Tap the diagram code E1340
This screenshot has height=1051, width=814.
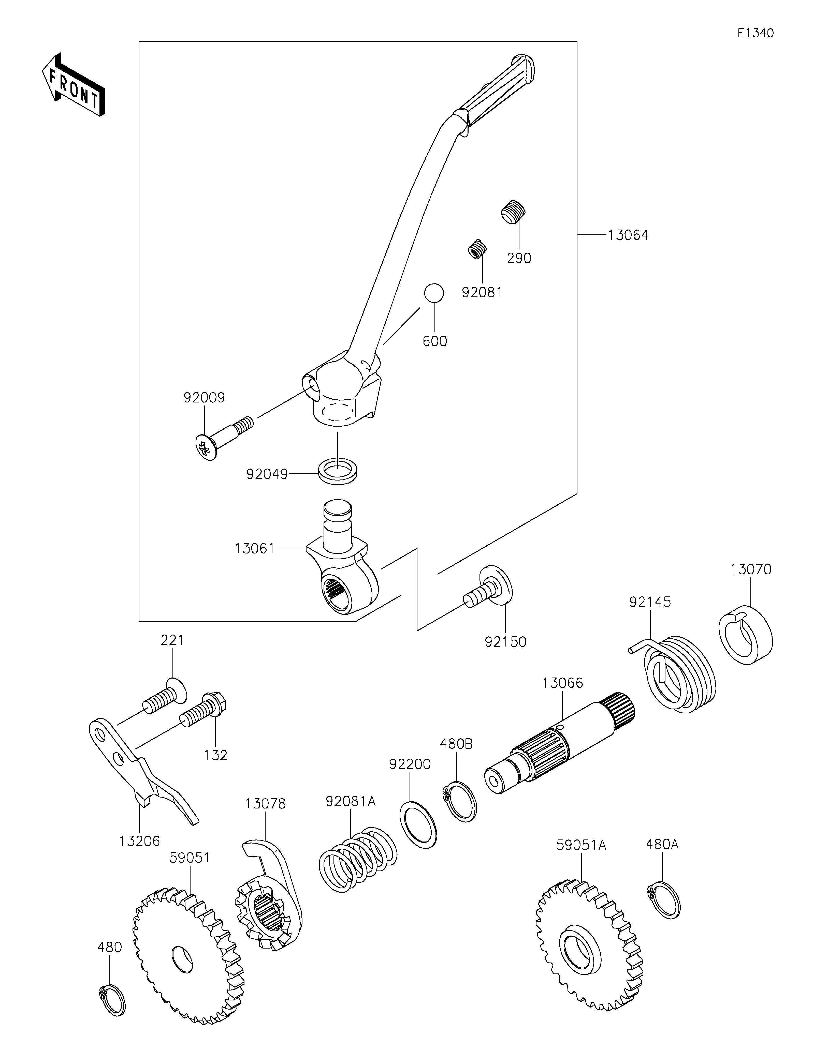755,33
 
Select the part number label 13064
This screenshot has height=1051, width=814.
628,235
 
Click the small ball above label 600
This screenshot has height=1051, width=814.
434,293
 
